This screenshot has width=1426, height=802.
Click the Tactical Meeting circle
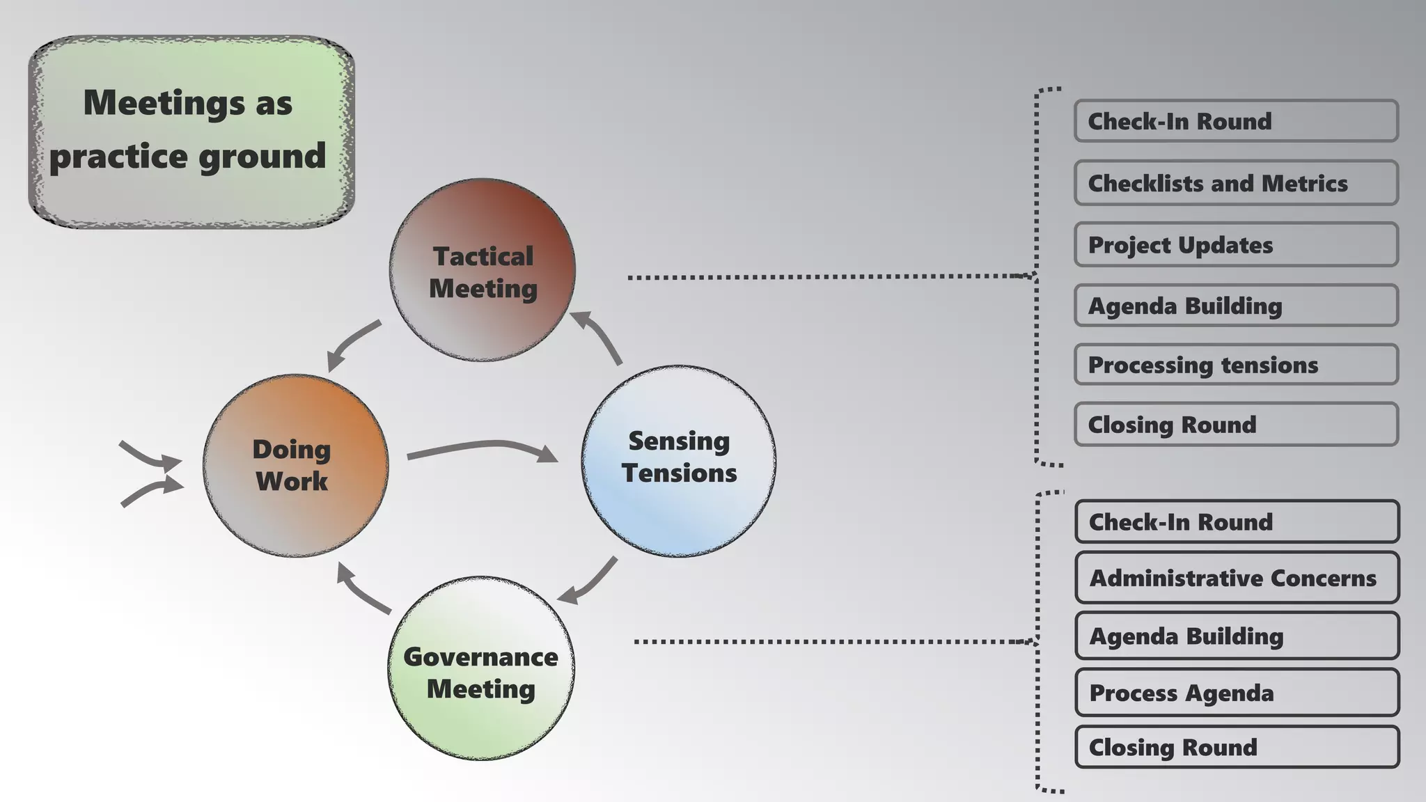(x=483, y=270)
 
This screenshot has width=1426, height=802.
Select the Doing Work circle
(x=295, y=465)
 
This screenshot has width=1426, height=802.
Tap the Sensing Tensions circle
(x=679, y=460)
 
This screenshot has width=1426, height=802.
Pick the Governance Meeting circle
(x=481, y=668)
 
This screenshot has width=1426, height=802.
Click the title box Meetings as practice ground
(x=191, y=131)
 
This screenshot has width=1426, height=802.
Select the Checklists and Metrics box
(x=1236, y=183)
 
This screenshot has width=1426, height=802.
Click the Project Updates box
(x=1236, y=244)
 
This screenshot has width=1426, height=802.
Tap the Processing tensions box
(x=1236, y=365)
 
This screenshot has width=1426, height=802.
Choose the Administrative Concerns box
(x=1237, y=578)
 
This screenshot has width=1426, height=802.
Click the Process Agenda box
(x=1237, y=693)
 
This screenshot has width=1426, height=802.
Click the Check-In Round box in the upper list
(x=1236, y=121)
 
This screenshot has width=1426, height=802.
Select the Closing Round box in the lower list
(x=1237, y=747)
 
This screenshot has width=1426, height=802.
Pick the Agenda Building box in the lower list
(x=1237, y=636)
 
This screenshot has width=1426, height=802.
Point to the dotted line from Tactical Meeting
(x=822, y=277)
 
